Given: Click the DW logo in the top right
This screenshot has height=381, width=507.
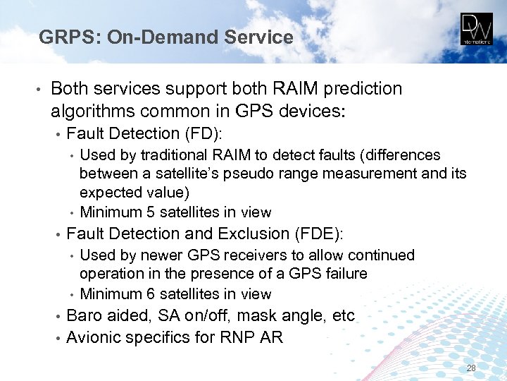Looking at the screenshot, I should pos(477,30).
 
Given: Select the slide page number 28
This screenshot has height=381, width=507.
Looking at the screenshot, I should pos(471,368).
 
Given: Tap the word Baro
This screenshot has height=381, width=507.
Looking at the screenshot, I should pos(83,315).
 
